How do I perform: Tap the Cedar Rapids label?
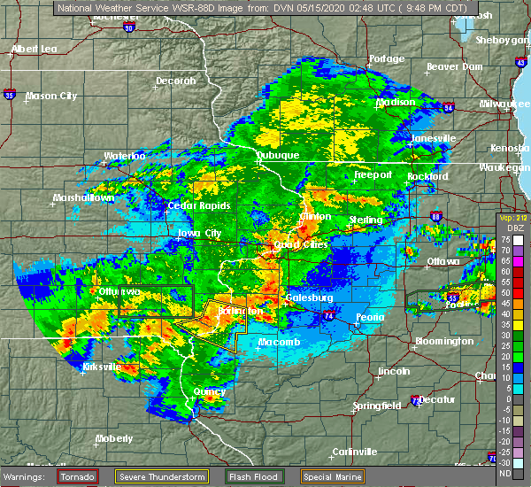point(201,206)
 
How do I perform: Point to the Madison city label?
point(396,102)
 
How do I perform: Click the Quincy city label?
point(210,390)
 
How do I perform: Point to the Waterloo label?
point(124,156)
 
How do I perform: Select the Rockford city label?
point(427,176)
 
